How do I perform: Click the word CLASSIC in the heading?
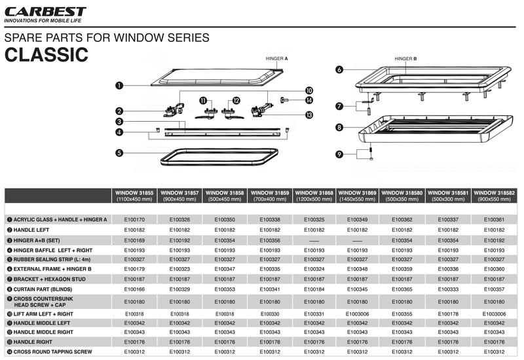(x=46, y=54)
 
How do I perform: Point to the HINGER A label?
(x=276, y=58)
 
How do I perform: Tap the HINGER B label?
(x=405, y=58)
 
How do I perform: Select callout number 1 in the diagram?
(x=119, y=85)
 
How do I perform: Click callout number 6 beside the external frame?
(x=339, y=69)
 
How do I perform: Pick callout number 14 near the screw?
(x=309, y=100)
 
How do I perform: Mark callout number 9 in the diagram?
(x=339, y=154)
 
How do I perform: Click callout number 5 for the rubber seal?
(x=119, y=154)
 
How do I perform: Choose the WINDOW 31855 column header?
(x=134, y=195)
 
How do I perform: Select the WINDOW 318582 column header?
(x=494, y=195)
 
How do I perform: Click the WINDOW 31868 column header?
(x=314, y=195)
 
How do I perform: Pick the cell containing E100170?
(x=134, y=219)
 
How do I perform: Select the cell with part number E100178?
(x=449, y=314)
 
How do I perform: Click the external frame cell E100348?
(x=359, y=269)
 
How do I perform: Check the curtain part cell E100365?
(x=404, y=289)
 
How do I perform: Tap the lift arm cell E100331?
(x=314, y=314)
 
